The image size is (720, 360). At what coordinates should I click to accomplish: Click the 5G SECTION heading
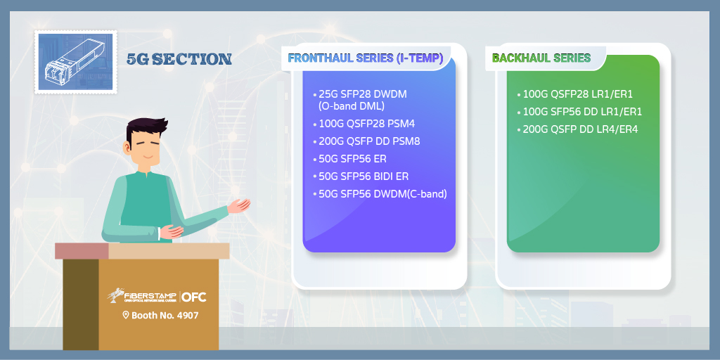point(179,59)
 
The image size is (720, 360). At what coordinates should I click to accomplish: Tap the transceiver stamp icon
point(76,62)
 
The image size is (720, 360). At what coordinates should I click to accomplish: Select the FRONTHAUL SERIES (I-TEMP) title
point(366,58)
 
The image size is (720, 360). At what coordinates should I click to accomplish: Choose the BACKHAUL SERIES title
point(541,58)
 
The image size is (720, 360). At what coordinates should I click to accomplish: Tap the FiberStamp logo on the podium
point(141,296)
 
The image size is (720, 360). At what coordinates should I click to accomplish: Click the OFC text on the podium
point(194,297)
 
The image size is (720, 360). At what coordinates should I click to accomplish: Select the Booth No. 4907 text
point(165,316)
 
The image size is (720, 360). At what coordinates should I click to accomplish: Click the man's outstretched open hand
point(239,205)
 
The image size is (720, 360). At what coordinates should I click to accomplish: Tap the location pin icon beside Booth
point(125,315)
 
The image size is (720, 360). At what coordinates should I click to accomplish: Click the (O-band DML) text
point(352,106)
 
